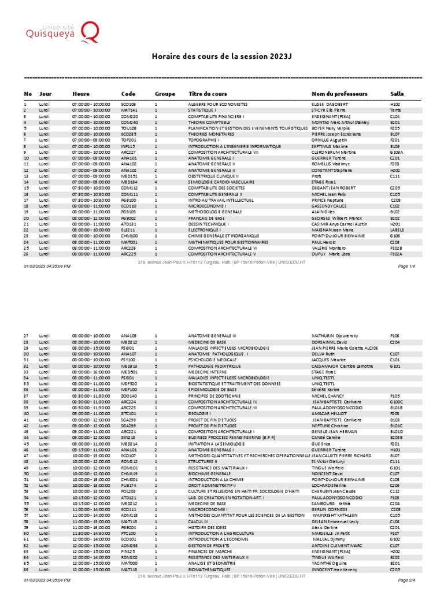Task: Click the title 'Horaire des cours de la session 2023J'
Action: click(x=223, y=56)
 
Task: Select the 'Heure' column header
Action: click(x=81, y=94)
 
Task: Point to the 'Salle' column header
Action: click(x=397, y=94)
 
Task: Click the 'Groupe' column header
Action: click(x=165, y=94)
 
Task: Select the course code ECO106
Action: click(x=128, y=104)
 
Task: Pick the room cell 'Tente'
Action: click(x=395, y=109)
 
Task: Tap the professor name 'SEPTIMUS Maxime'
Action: click(x=327, y=147)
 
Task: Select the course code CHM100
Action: click(x=129, y=236)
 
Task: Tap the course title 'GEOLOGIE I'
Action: click(x=200, y=414)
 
